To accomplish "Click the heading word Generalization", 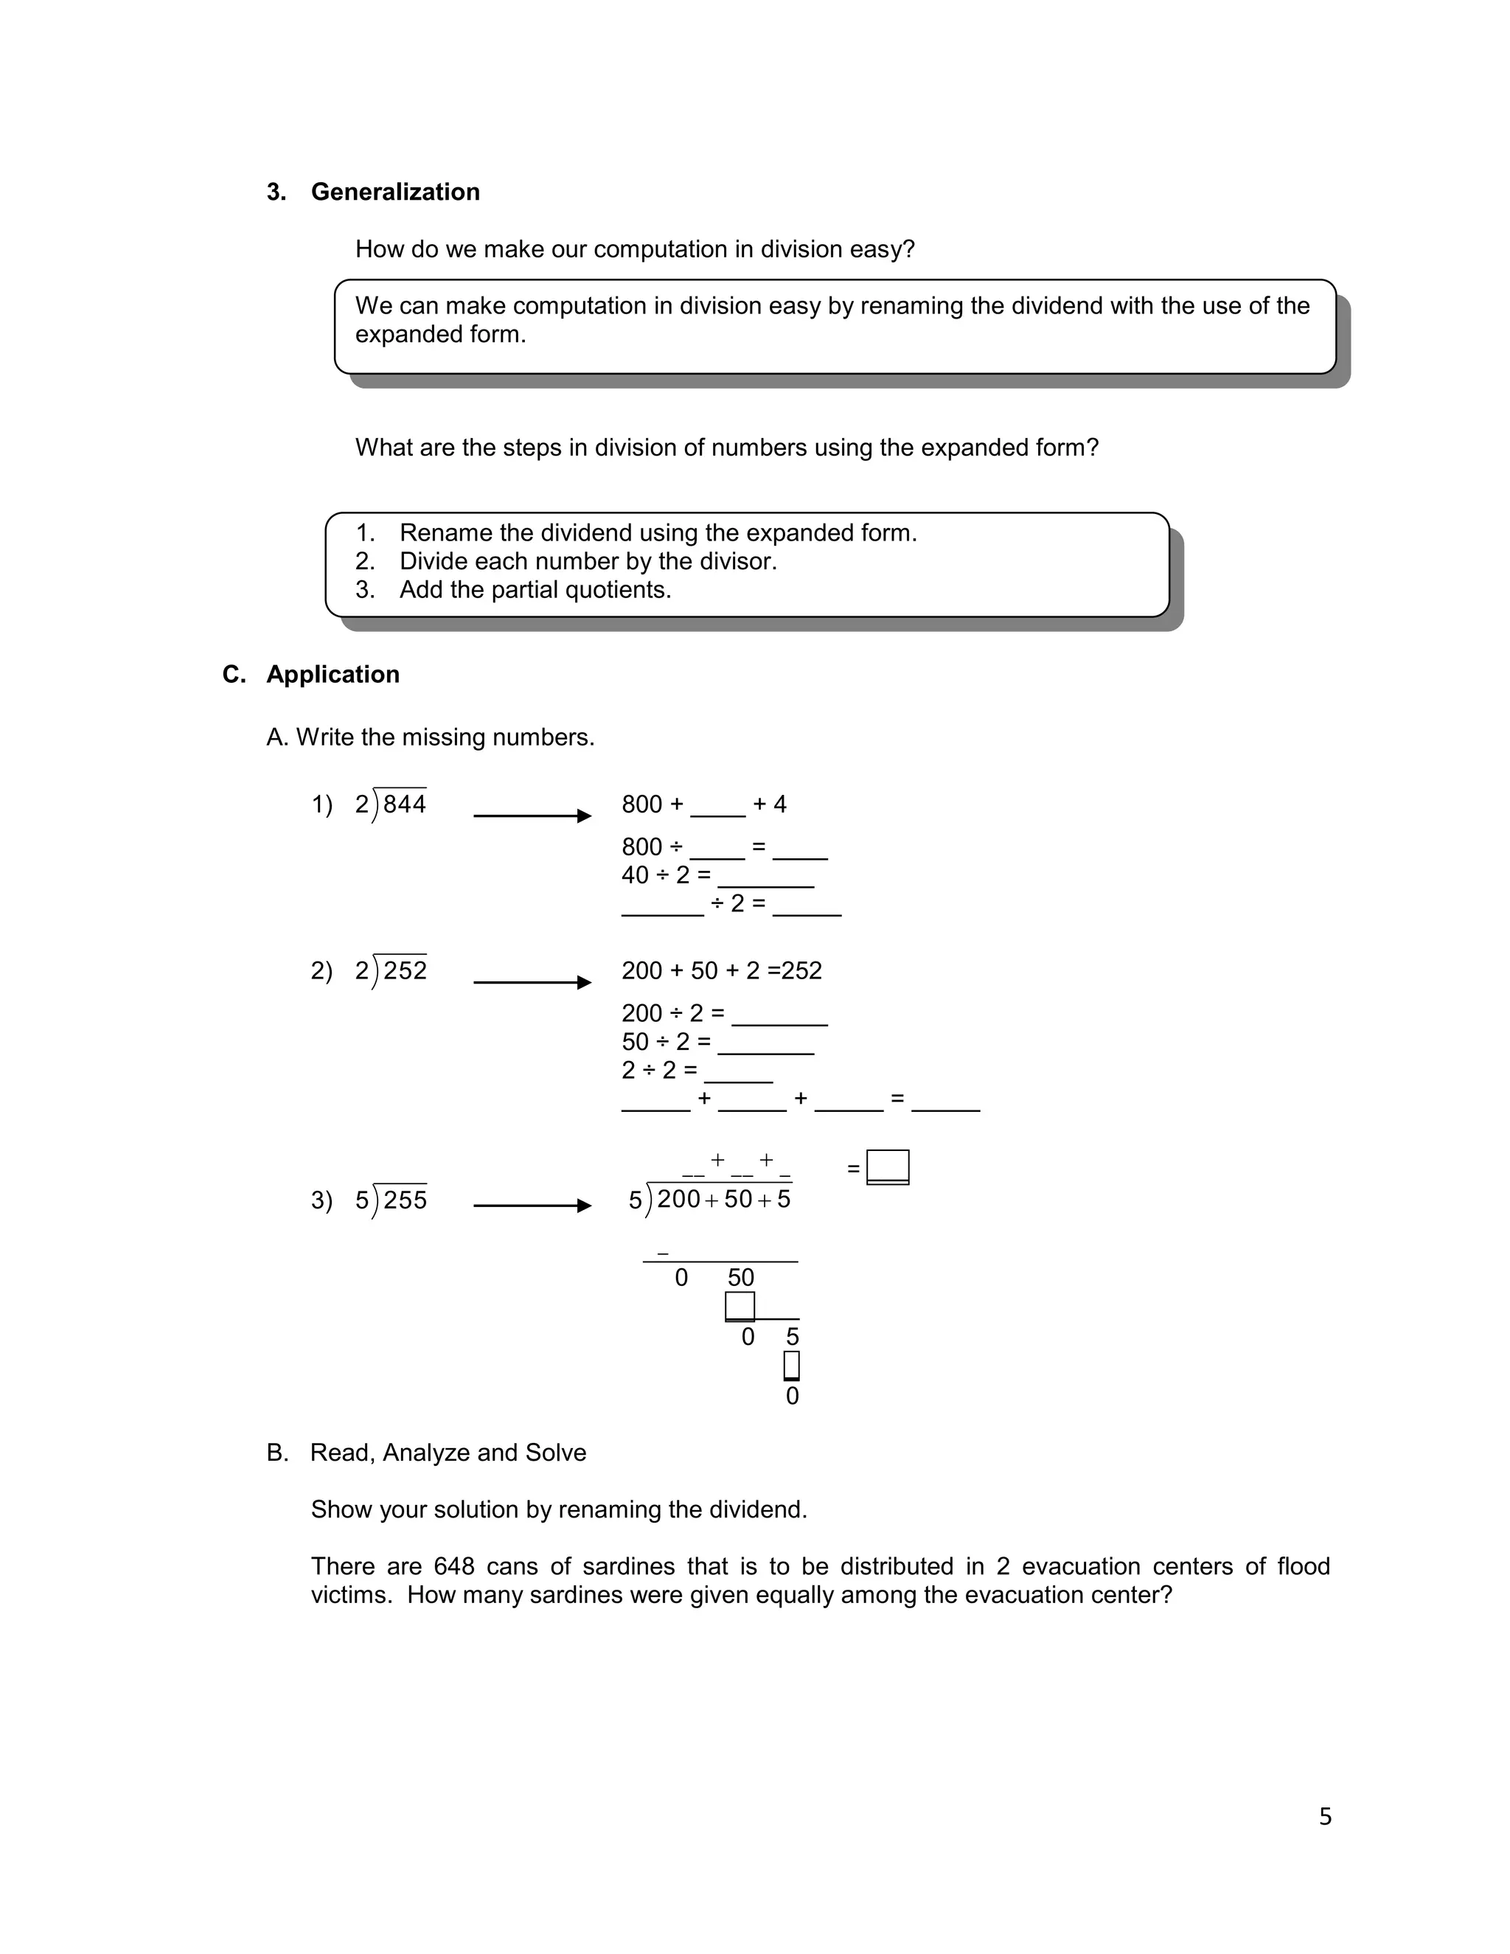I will coord(394,192).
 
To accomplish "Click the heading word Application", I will coord(333,675).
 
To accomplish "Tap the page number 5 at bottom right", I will coord(1325,1816).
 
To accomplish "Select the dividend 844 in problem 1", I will coord(404,804).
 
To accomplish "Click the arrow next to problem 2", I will coord(532,982).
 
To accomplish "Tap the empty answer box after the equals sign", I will coord(888,1167).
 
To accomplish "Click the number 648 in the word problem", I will coord(453,1565).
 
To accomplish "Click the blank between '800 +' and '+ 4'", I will coord(717,809).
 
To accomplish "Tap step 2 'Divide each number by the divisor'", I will coord(587,561).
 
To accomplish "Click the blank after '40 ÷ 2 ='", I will coord(766,880).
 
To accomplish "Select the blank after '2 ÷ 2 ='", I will coord(738,1074).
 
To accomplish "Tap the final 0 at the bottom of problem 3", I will coord(792,1397).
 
